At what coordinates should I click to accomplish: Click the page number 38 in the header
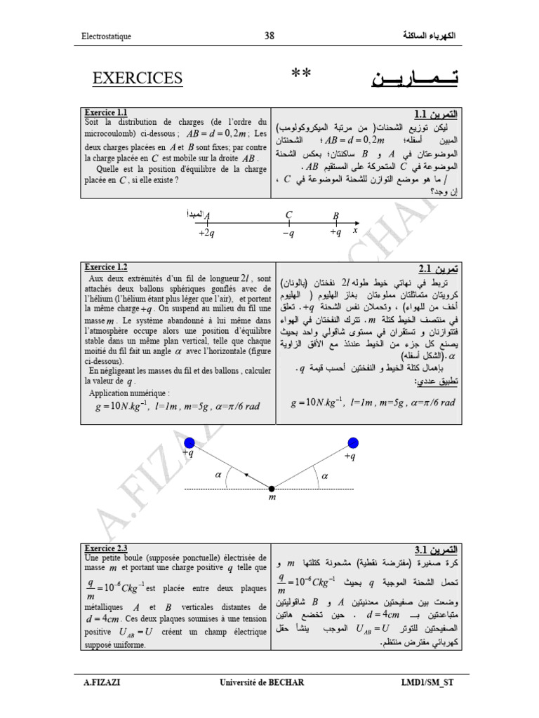coord(269,36)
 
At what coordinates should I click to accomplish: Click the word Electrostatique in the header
coord(106,36)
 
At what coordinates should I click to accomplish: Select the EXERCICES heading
coord(138,78)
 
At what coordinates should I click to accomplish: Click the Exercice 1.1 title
coord(105,111)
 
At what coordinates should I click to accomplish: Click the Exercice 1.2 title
coord(105,267)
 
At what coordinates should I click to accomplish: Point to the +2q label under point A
coord(207,232)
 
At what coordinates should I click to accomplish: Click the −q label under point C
coord(288,233)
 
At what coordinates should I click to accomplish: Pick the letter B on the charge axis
coord(335,216)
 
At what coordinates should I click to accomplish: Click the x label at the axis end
coord(355,230)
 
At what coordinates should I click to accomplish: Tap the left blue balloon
coord(189,442)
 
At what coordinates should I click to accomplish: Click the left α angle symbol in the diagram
coord(218,475)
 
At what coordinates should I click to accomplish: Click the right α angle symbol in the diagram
coord(324,475)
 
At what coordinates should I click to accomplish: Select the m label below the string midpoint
coord(272,498)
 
